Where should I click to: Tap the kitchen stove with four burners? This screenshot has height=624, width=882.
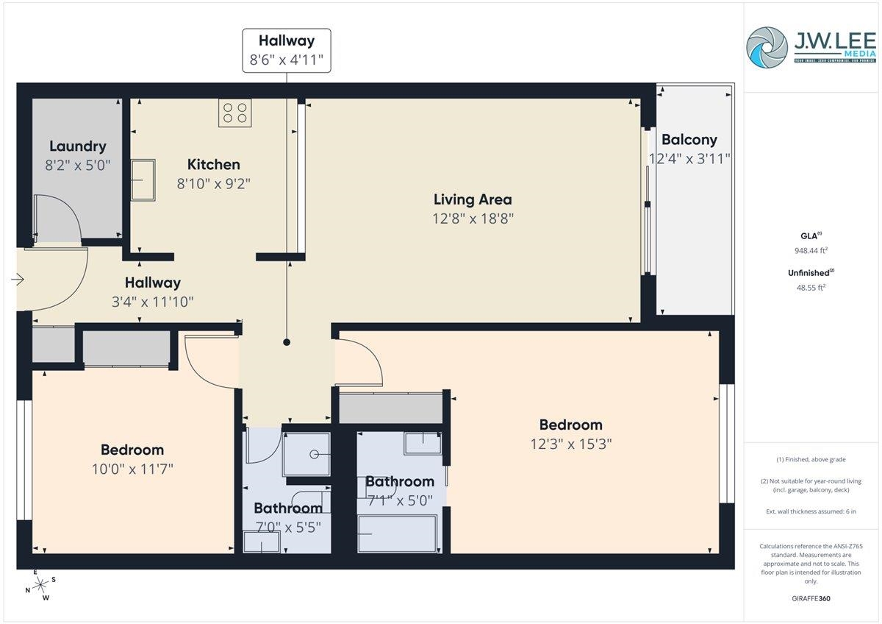click(234, 113)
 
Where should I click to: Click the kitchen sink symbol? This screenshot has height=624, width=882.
click(143, 180)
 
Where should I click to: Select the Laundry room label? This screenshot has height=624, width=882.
click(77, 146)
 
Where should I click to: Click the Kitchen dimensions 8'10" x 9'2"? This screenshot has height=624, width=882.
click(213, 183)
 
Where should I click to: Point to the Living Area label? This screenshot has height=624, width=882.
click(472, 199)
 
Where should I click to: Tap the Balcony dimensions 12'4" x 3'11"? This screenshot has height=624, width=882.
click(689, 158)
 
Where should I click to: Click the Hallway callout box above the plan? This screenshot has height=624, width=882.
click(286, 51)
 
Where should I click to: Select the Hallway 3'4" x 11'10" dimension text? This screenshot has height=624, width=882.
click(152, 301)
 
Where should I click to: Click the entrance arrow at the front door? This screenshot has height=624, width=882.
click(18, 280)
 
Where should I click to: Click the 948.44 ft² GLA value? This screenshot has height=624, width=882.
click(811, 250)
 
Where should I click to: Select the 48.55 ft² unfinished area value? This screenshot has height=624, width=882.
click(811, 287)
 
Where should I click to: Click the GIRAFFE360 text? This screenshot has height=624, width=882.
click(811, 598)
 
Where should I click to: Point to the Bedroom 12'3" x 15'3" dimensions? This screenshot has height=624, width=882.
click(570, 444)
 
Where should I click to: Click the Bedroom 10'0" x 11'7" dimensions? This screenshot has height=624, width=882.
click(132, 468)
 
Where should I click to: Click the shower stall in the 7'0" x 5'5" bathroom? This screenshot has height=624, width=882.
click(306, 453)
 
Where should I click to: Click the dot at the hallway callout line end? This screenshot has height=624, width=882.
click(287, 342)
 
